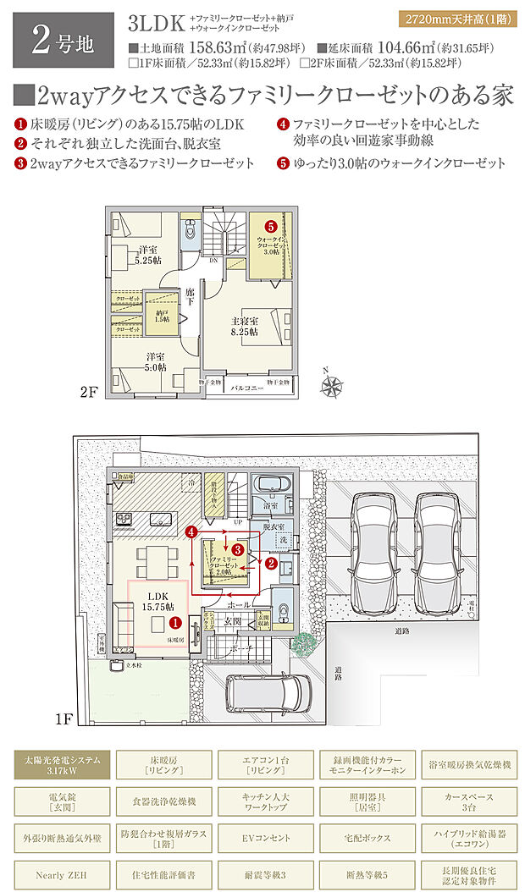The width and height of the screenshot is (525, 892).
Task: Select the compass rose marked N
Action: pos(330,386)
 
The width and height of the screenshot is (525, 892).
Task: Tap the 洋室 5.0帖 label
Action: pos(155,361)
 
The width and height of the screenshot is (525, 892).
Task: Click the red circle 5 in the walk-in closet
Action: pos(270,227)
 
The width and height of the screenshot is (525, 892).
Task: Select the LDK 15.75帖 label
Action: pos(157,602)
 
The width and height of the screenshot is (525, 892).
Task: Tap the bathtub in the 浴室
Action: pos(273,490)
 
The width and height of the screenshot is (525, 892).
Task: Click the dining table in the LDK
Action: pos(155,559)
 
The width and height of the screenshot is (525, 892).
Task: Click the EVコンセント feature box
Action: pos(262,838)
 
